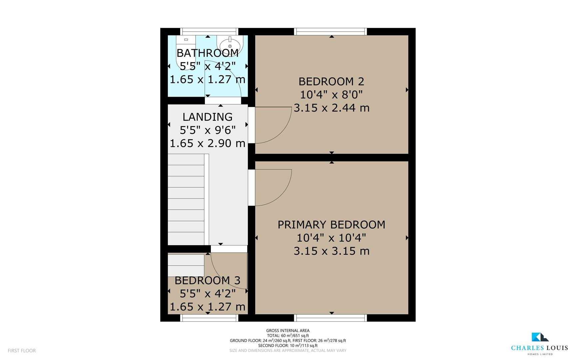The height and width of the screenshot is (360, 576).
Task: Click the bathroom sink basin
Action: pos(230,44)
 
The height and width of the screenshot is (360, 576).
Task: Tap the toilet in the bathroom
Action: pos(186,50)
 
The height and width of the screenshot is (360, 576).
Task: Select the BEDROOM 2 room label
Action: pos(331,81)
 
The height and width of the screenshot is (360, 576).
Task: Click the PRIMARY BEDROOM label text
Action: pos(331,225)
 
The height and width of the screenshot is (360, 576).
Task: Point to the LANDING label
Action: pos(208,117)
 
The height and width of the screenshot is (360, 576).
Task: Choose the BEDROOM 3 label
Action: pos(208,280)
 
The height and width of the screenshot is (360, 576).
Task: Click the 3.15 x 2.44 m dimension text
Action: pos(331,108)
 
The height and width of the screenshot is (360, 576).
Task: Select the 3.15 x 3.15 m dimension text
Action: pos(331,251)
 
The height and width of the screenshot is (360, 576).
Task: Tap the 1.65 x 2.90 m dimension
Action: pos(208,143)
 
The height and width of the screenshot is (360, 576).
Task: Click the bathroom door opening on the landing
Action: pos(223,100)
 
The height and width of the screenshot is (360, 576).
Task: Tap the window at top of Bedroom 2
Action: pos(331,32)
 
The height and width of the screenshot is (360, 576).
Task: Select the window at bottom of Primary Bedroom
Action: pos(331,318)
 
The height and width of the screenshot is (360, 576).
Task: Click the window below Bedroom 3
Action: pos(209,318)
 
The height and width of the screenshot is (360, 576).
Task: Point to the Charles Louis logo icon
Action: pos(539,337)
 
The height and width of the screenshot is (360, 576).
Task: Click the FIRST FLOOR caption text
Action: pos(22,351)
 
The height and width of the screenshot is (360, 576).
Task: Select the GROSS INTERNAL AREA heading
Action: pos(288,331)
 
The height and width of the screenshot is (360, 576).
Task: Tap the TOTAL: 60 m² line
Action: pos(288,336)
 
